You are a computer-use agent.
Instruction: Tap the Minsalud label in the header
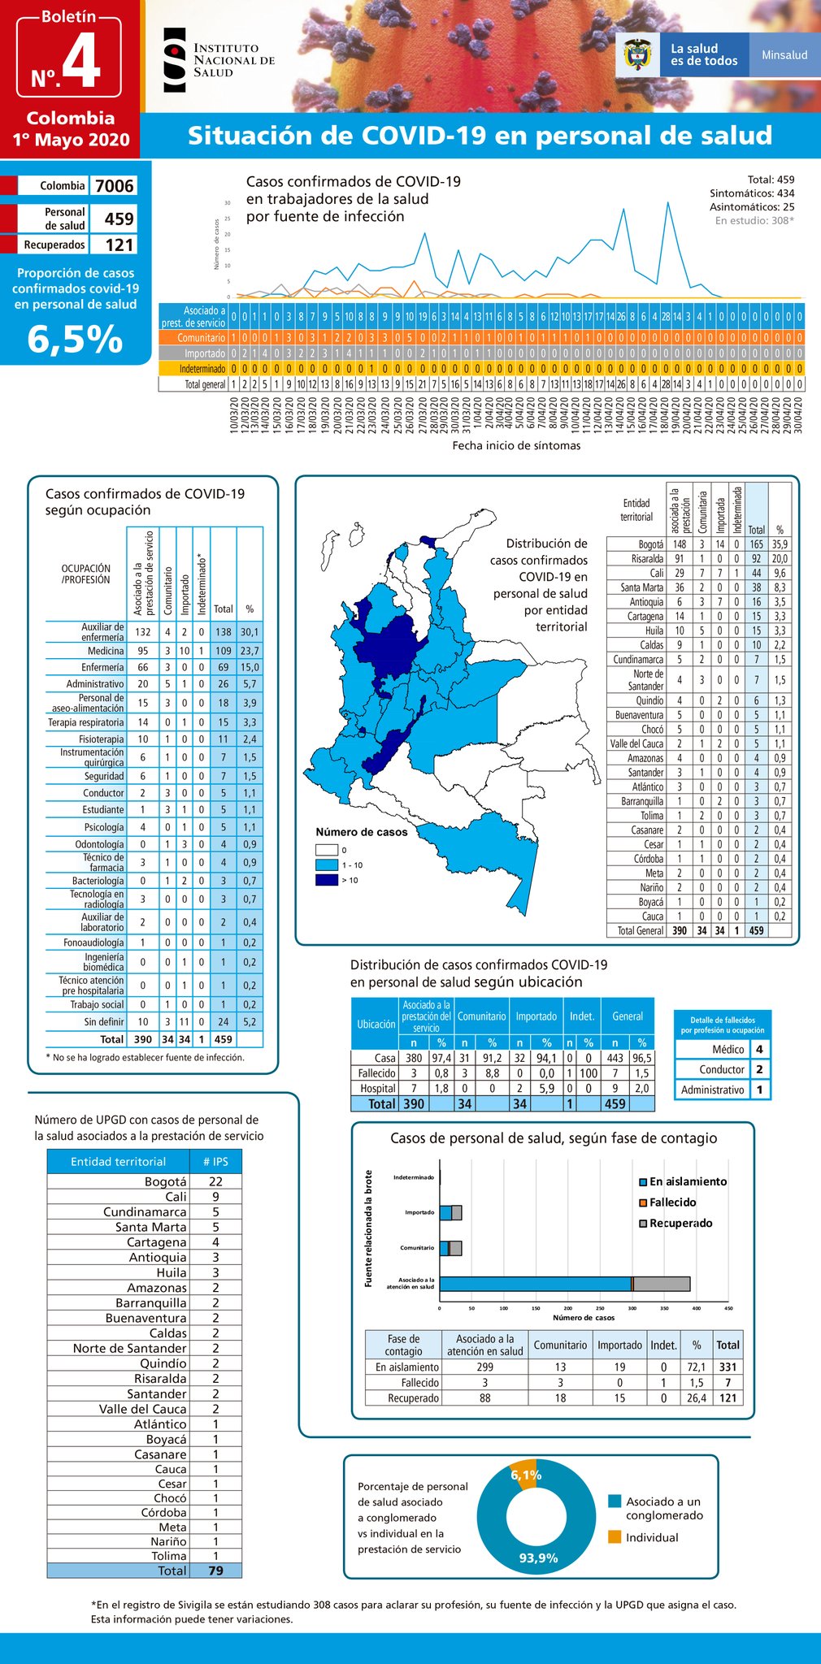(784, 55)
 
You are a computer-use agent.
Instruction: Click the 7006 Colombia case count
(114, 186)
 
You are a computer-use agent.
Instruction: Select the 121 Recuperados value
(119, 245)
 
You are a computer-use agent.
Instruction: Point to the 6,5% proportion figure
(75, 339)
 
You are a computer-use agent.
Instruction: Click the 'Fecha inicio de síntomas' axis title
(516, 445)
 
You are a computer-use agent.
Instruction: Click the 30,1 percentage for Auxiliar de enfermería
(250, 632)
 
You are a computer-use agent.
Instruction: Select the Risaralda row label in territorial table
(647, 559)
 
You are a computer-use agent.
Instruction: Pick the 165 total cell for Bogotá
(756, 544)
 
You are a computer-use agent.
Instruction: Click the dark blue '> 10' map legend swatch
(326, 880)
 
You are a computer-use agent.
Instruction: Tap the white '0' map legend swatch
(326, 850)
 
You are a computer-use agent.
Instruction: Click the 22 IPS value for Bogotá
(215, 1181)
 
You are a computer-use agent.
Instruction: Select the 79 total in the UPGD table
(215, 1571)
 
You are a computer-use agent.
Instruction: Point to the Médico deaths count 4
(758, 1049)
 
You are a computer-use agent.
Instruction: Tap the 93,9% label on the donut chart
(538, 1558)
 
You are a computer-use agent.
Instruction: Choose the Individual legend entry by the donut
(651, 1537)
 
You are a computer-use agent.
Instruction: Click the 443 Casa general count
(615, 1058)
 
